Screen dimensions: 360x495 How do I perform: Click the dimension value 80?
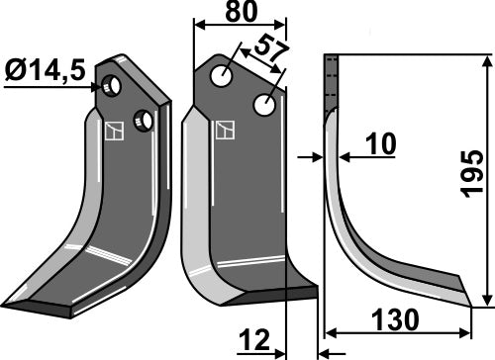click(x=239, y=15)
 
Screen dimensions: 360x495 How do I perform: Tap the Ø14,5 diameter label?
click(x=44, y=71)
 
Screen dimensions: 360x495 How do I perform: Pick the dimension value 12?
click(x=255, y=342)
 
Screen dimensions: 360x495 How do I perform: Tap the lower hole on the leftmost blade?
click(x=146, y=121)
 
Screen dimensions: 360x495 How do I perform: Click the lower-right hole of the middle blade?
click(x=264, y=103)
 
